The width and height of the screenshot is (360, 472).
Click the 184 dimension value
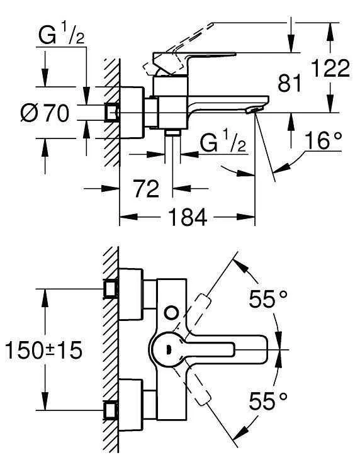[x=188, y=218]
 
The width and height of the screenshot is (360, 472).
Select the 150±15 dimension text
[x=43, y=350]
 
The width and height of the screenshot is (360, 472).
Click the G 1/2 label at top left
[x=60, y=37]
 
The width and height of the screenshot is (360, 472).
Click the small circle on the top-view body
[x=171, y=312]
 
